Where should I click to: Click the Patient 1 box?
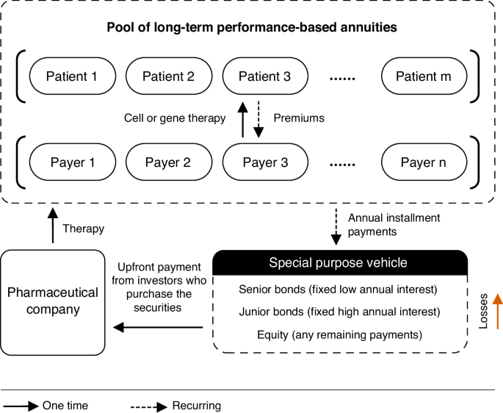[x=72, y=76]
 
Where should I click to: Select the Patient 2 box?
[x=168, y=76]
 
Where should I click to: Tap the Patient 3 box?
[x=265, y=76]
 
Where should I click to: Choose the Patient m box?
[x=424, y=76]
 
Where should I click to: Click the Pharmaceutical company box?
[x=52, y=301]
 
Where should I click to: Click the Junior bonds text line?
[x=339, y=312]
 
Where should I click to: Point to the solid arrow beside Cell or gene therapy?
[x=241, y=118]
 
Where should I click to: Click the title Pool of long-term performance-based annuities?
[x=251, y=28]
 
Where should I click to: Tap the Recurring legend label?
[x=196, y=405]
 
